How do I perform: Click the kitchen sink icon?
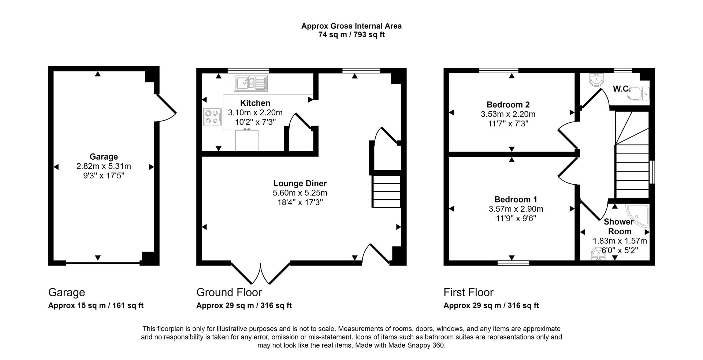point(251,83)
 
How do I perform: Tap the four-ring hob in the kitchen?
point(213,117)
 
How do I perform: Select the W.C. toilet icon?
point(638,93)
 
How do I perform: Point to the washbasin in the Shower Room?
point(598,254)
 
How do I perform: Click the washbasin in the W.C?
point(596,79)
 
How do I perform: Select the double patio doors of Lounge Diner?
point(261,273)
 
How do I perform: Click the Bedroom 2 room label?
point(508,105)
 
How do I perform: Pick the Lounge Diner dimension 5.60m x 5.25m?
point(300,193)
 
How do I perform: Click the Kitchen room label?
point(255,103)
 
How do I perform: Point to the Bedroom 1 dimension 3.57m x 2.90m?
point(516,209)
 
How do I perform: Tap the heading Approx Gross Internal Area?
point(351,26)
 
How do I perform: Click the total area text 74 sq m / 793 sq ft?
point(351,35)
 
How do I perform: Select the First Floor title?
point(468,292)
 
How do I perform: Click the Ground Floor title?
point(229,292)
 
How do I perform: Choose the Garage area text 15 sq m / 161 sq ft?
point(96,305)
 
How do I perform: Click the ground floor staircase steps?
point(386,192)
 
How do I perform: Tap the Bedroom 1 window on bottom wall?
point(513,263)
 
